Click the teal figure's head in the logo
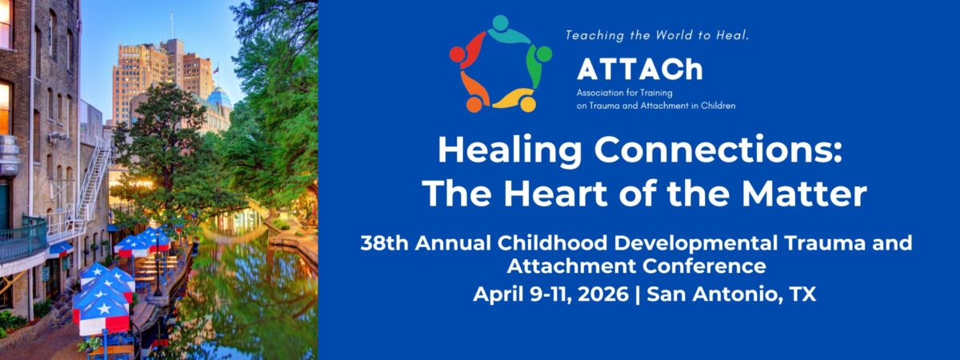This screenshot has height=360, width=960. coord(501,22)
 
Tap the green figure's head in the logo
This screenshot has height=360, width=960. coord(543,54)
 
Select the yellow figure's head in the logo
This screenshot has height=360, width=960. coord(527,103)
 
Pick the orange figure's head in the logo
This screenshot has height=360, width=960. coord(474,104)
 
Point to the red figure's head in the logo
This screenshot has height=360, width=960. coord(457,54)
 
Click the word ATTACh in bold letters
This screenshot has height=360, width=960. coord(639,70)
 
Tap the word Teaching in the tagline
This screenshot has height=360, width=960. coord(595,36)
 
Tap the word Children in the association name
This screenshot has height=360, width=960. coord(712,105)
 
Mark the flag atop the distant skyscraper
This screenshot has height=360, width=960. coord(214,70)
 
